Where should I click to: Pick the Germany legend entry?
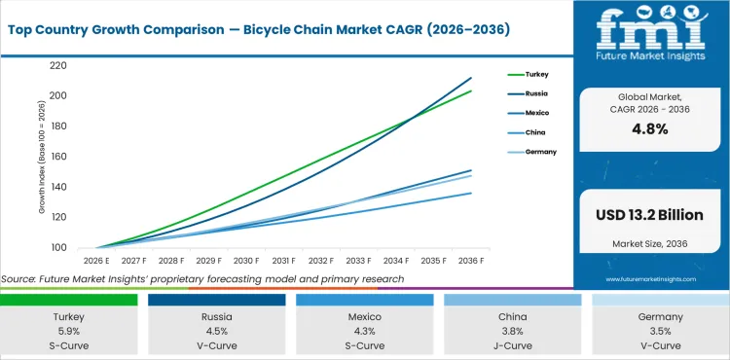point(542,152)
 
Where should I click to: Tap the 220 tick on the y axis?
point(57,65)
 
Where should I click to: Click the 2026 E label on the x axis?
point(95,260)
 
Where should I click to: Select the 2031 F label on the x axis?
point(283,260)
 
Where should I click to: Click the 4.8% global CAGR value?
point(651,128)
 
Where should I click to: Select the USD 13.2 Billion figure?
point(651,215)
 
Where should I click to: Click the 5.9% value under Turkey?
point(69,330)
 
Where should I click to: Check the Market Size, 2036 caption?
point(651,243)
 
